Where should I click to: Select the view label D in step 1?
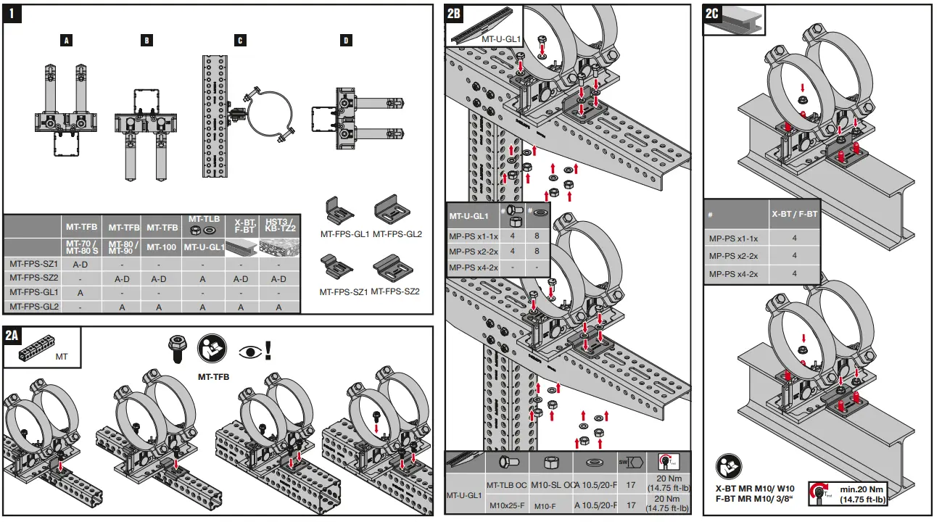pos(346,41)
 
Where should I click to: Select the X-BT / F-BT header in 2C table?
pos(794,214)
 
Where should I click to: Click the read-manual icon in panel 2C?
pos(729,467)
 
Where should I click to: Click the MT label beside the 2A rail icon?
pos(62,357)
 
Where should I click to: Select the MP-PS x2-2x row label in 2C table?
pos(733,256)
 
